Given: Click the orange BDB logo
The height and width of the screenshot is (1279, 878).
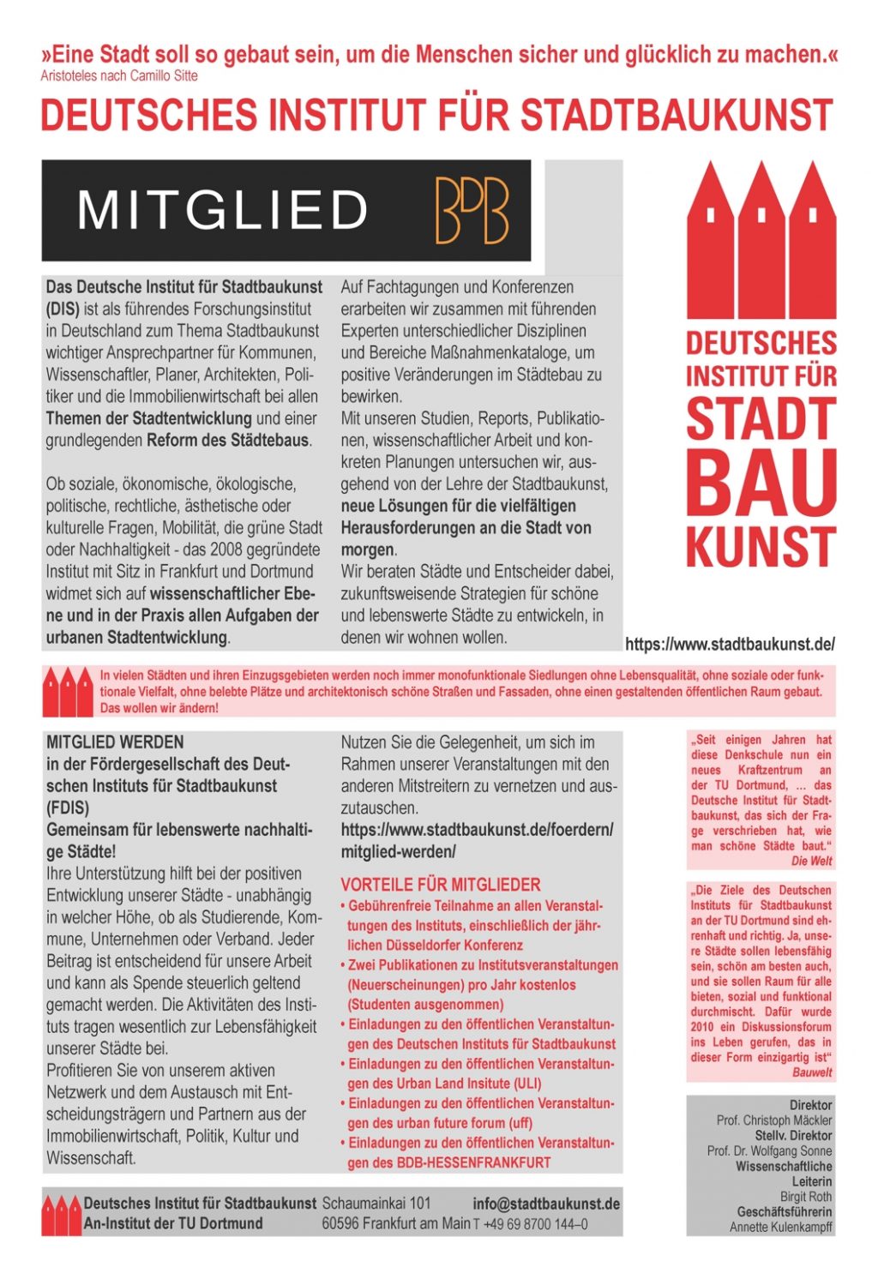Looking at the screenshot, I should pos(472,211).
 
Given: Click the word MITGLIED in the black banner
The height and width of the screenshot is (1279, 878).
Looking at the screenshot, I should pos(223,211).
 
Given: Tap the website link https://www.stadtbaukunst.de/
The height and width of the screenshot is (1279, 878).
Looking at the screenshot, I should pos(730,644).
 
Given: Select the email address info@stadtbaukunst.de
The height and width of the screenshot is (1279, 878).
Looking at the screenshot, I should pos(546,1204).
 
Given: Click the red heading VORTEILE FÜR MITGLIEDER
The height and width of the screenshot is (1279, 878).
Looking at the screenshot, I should pos(441,885).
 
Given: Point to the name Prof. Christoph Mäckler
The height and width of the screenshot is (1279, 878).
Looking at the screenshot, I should pos(774,1120).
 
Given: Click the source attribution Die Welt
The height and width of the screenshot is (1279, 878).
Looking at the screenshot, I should pos(811,861).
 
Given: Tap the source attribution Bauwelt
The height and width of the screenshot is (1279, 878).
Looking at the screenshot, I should pos(812,1072).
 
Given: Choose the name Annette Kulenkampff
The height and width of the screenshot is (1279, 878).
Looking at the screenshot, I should pos(780,1228).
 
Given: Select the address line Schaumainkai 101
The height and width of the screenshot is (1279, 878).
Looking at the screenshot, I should pos(376,1204).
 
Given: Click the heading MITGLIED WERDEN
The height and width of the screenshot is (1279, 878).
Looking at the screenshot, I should pos(115,742).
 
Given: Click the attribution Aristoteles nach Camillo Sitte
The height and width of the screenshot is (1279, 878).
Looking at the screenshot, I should pos(119,75).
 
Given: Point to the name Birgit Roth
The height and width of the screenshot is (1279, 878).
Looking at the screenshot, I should pos(806,1197).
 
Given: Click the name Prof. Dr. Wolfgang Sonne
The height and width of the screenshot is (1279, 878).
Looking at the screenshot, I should pos(769,1150).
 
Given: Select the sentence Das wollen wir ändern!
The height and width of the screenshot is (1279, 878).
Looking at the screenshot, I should pos(159,708).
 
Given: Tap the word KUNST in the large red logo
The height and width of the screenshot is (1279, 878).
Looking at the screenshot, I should pos(761,547).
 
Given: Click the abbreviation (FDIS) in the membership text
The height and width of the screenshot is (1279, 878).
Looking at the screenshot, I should pos(68,808).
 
